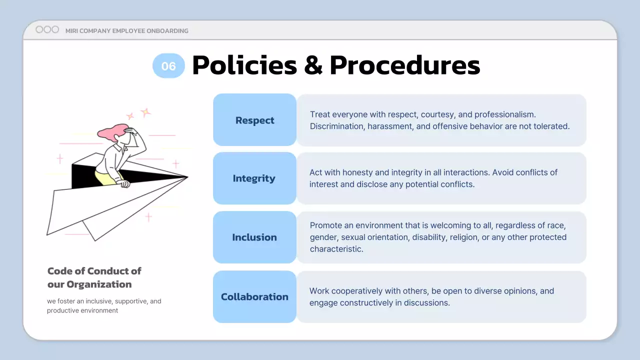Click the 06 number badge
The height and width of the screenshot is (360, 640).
point(168,66)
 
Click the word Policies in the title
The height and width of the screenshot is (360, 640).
point(244,65)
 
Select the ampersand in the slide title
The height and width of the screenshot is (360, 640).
point(313,65)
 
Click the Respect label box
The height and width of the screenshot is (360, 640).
point(254,120)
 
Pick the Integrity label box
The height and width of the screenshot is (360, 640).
point(254,178)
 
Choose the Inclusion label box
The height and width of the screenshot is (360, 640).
point(254,237)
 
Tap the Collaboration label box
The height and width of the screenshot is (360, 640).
point(254,296)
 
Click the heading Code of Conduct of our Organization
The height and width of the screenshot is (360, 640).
point(94,277)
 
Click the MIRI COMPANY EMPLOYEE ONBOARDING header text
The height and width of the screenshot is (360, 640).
point(127,31)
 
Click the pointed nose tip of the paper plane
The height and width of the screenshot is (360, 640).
point(187,176)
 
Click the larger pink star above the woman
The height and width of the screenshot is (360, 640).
point(145,112)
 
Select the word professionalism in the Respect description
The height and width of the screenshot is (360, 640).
point(505,114)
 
